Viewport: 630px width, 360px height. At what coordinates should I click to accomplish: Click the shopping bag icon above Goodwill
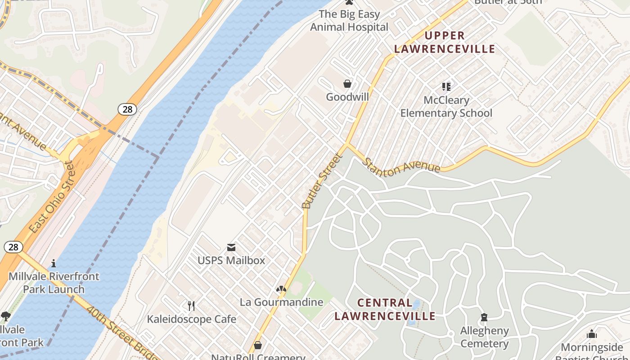[347, 84]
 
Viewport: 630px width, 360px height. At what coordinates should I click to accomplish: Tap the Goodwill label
[347, 97]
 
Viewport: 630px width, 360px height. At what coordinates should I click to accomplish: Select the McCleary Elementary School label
[446, 107]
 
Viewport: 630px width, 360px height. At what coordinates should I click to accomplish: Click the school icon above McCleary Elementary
[446, 86]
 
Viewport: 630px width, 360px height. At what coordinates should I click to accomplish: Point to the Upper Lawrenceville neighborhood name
[445, 42]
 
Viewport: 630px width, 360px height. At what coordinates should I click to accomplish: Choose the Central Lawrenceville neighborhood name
[385, 310]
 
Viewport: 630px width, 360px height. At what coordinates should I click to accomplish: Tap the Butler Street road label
[322, 181]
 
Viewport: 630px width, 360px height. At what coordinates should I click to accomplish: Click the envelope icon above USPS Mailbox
[231, 247]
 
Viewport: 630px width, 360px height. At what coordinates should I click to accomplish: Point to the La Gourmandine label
[281, 302]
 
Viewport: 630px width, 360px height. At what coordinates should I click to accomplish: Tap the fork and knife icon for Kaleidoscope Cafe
[191, 306]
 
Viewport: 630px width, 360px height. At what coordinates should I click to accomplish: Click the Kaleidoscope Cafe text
[191, 319]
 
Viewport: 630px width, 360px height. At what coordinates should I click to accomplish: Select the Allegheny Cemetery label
[484, 337]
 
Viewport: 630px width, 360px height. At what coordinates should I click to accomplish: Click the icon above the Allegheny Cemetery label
[484, 318]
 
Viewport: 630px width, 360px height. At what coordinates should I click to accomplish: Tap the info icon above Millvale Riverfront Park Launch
[54, 263]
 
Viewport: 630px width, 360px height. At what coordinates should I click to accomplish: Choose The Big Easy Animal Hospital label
[349, 21]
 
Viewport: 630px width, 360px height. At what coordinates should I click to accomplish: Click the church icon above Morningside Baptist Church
[592, 334]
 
